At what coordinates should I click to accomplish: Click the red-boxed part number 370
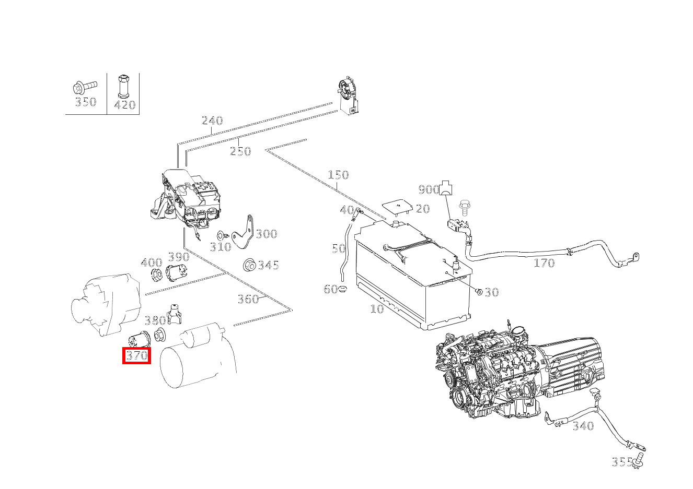137,355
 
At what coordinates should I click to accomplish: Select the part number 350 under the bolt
86,101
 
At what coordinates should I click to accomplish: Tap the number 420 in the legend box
125,105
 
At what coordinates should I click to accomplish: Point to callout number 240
212,120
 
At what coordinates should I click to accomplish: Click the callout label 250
240,151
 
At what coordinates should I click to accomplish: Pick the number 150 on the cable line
338,175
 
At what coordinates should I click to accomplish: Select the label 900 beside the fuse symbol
429,189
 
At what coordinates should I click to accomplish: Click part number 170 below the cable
544,263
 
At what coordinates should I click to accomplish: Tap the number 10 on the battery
377,308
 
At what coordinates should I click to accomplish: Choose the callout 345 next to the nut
268,265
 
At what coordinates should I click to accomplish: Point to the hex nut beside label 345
249,265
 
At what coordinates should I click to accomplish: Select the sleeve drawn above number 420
123,86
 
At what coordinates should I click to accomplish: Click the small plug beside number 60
343,289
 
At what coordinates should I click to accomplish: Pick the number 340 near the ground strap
583,426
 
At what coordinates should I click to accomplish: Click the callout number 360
248,299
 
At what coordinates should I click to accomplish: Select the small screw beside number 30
479,291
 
